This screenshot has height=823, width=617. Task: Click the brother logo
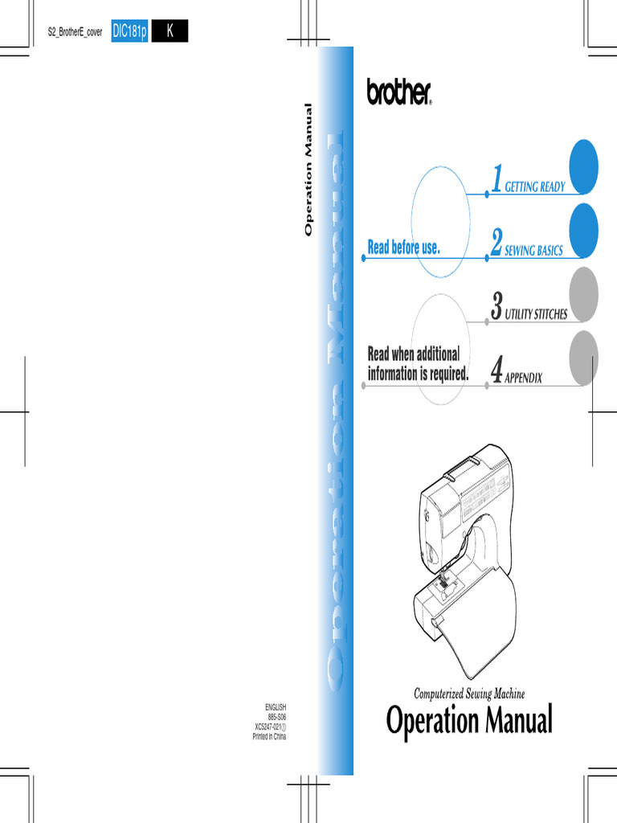pyautogui.click(x=400, y=93)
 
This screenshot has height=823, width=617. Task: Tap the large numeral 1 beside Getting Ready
pyautogui.click(x=496, y=179)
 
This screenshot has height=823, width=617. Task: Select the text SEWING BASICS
pyautogui.click(x=533, y=251)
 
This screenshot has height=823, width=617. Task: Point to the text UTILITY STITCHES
pyautogui.click(x=536, y=314)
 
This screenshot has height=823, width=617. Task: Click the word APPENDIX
pyautogui.click(x=524, y=377)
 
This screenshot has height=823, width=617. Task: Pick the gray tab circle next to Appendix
pyautogui.click(x=584, y=357)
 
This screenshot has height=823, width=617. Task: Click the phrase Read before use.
pyautogui.click(x=404, y=248)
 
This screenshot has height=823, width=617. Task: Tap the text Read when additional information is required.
pyautogui.click(x=417, y=363)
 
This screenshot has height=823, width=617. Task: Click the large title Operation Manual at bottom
pyautogui.click(x=469, y=719)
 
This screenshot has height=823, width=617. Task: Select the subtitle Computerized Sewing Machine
pyautogui.click(x=469, y=694)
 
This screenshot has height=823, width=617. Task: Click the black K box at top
pyautogui.click(x=170, y=31)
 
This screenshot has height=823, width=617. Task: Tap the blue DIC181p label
pyautogui.click(x=129, y=31)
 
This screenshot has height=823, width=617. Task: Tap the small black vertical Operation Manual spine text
pyautogui.click(x=307, y=170)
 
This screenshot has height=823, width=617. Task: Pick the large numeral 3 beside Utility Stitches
pyautogui.click(x=496, y=306)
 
